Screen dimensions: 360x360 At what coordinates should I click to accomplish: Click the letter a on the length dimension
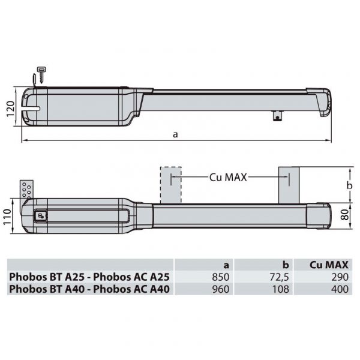coord(175,134)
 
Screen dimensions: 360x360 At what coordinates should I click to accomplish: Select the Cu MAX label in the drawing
coord(228,178)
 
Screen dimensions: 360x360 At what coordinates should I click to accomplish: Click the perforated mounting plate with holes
coord(26,189)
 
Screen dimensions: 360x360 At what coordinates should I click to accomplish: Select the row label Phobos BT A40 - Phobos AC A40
coord(90,289)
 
